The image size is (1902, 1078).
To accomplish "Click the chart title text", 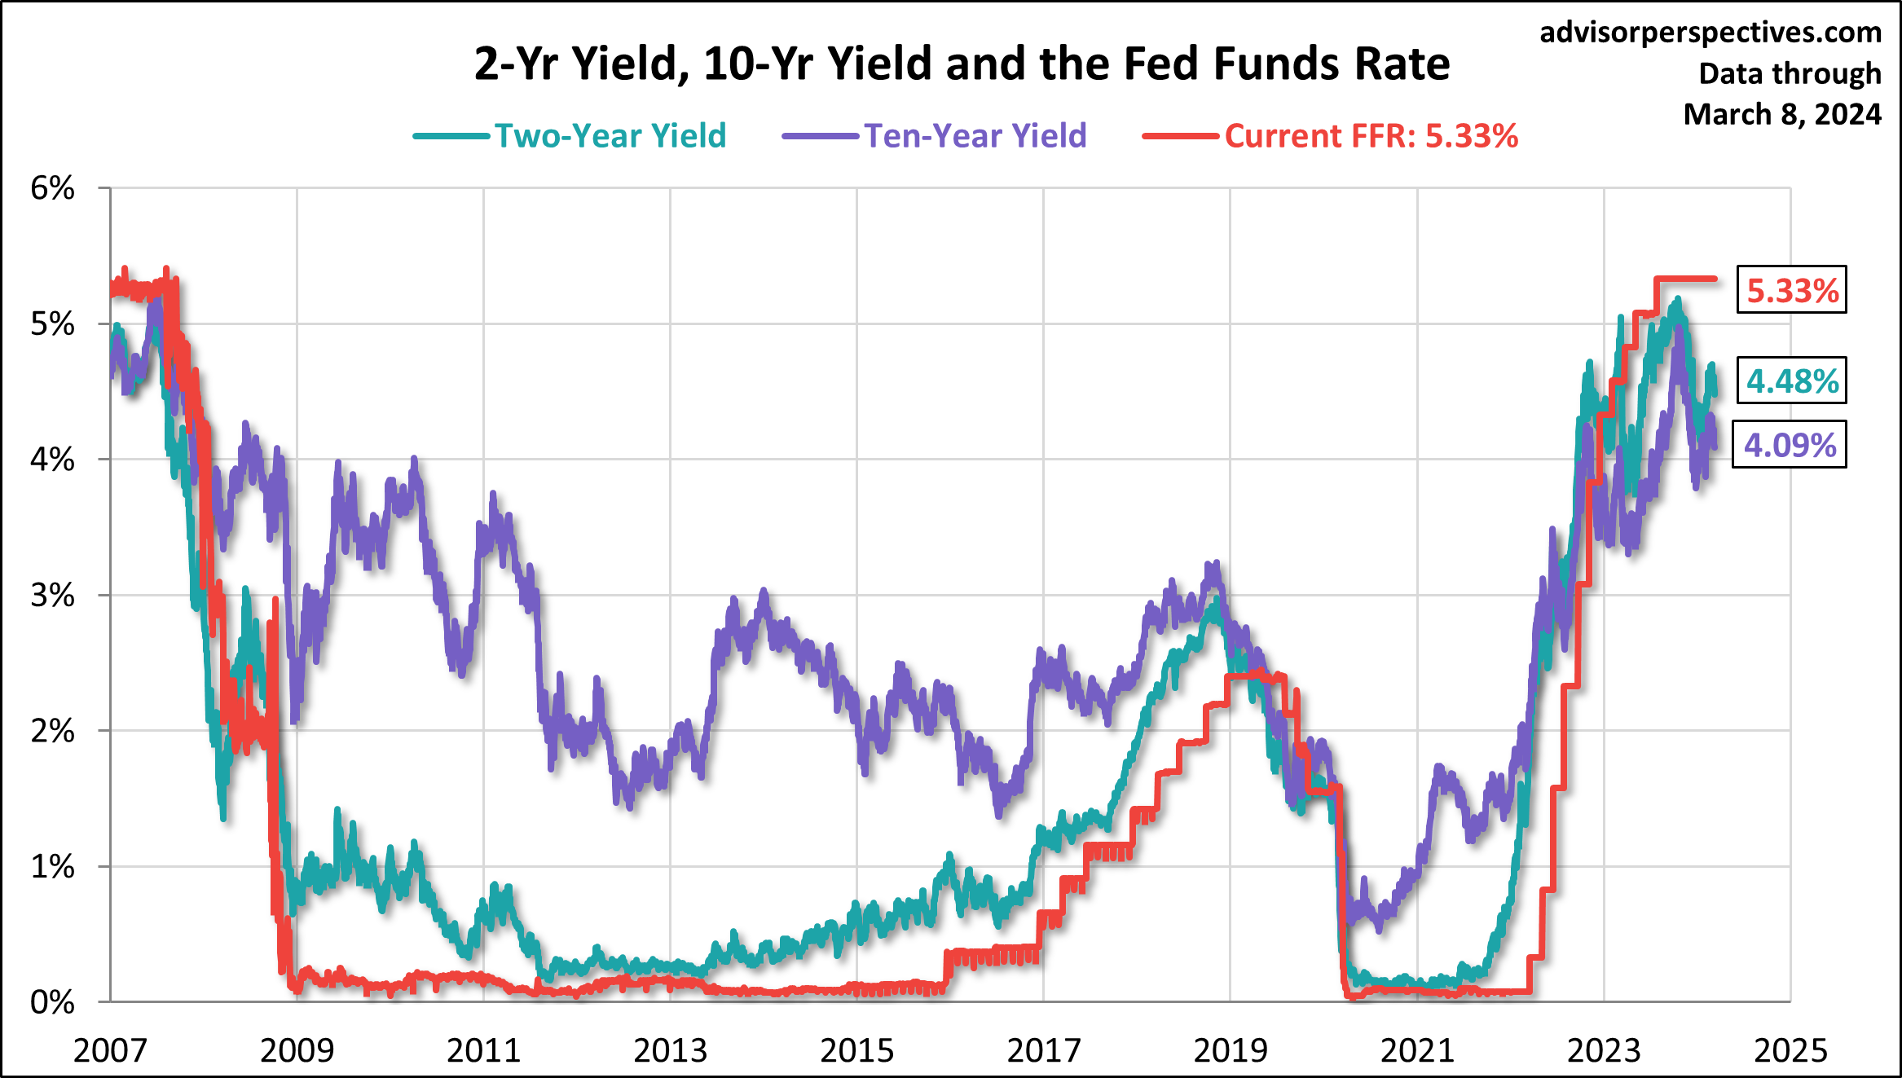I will point(962,64).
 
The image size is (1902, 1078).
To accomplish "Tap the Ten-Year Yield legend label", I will point(975,136).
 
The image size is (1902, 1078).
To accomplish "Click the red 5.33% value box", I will point(1791,290).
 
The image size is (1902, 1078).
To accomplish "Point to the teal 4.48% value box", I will point(1791,381).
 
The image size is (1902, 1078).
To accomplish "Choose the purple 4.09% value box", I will point(1789,445).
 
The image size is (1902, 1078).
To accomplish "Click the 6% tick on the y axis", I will point(52,188).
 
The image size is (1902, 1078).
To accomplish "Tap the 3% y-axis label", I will point(52,596).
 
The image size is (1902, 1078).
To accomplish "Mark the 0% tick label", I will point(52,1002).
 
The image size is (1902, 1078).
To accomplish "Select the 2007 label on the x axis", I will point(110,1051).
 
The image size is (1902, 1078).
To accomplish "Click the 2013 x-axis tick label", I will point(670,1051).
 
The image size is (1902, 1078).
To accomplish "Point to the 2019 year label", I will point(1231,1051).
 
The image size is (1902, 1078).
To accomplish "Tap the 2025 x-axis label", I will point(1790,1051).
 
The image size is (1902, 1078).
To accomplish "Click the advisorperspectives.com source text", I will point(1710,33).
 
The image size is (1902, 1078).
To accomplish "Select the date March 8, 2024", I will point(1782,114).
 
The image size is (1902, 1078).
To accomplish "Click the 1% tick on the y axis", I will point(52,867).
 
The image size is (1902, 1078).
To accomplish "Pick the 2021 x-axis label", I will point(1417,1051).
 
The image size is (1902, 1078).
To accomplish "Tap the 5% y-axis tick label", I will point(52,324).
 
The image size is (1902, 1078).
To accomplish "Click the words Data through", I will point(1790,73).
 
